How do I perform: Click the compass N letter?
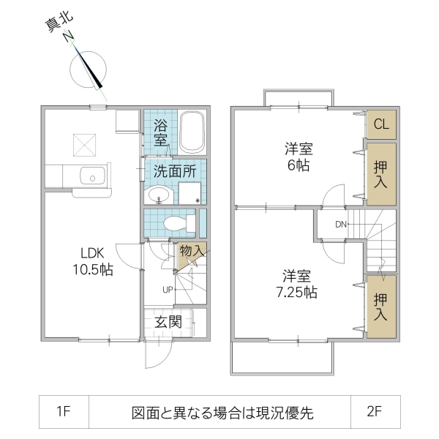(68, 37)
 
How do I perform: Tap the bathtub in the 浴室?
(192, 132)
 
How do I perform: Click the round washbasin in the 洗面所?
(158, 195)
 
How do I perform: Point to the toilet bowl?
(176, 222)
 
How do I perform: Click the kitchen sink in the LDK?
(92, 176)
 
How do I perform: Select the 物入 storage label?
(192, 251)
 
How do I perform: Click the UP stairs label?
(168, 289)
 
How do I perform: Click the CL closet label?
(381, 124)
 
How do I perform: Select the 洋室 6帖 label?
(299, 157)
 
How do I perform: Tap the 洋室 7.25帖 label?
(299, 285)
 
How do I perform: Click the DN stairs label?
(341, 224)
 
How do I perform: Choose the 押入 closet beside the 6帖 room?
(381, 174)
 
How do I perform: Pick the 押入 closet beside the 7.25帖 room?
(381, 307)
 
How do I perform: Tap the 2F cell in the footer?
(375, 411)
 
